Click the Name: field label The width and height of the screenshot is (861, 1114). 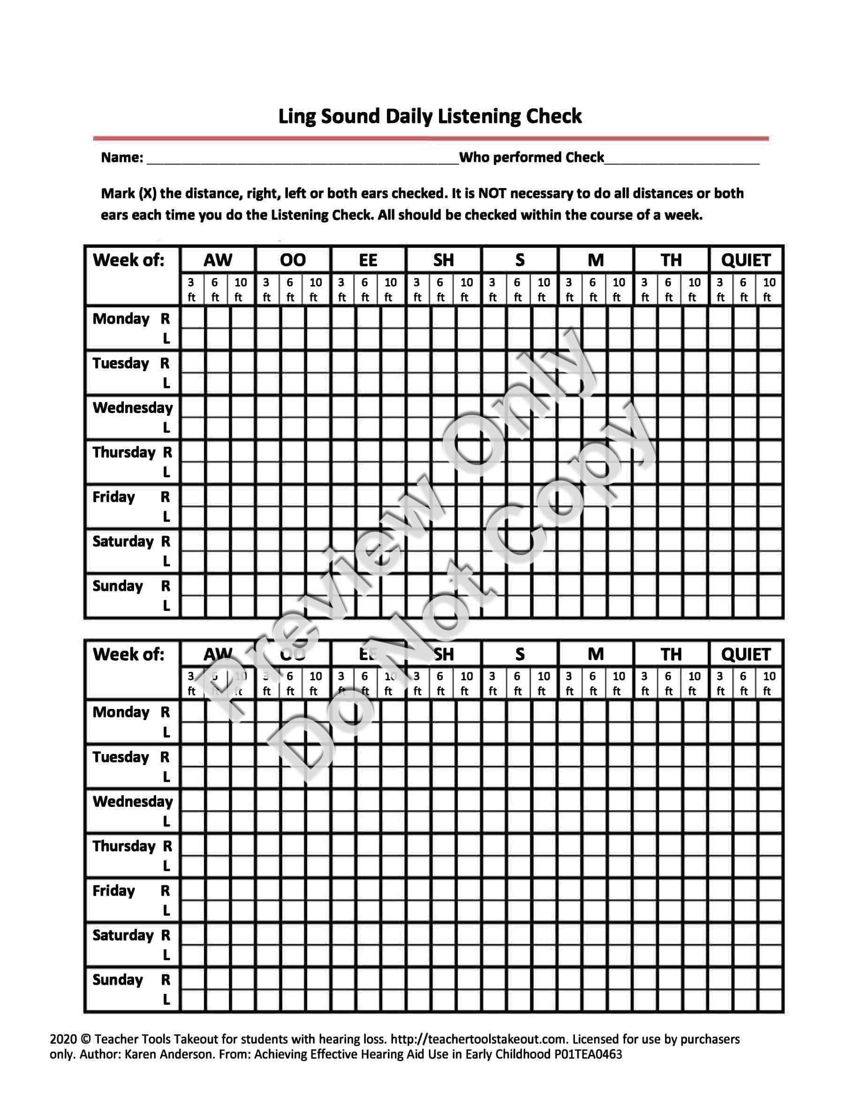(122, 158)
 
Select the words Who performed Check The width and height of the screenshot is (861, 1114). (531, 157)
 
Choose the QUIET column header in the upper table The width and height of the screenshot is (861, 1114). (745, 260)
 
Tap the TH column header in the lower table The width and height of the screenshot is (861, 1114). (671, 655)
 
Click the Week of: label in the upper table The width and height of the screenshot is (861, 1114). (128, 260)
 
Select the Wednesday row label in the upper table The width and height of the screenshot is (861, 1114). (133, 407)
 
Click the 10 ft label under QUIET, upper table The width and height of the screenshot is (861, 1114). (769, 290)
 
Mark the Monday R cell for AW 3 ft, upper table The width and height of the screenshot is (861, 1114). (192, 318)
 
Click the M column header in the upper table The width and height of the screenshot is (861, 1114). (595, 260)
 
